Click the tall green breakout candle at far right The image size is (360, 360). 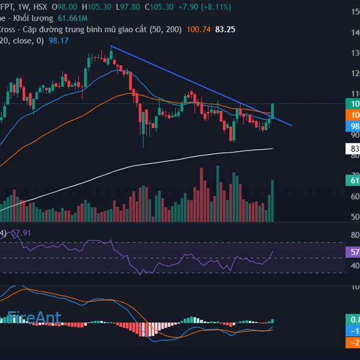point(272,110)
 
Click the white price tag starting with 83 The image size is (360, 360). point(353,149)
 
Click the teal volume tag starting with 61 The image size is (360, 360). point(353,181)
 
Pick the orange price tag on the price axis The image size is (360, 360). point(353,115)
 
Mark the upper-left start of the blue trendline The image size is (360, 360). point(111,46)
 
